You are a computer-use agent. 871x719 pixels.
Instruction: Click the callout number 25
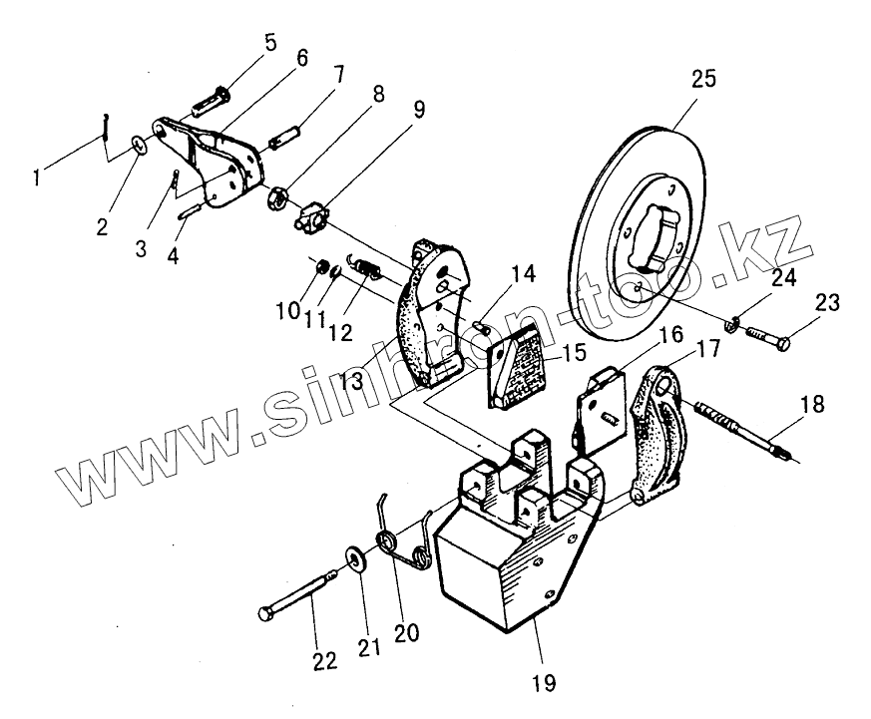(703, 81)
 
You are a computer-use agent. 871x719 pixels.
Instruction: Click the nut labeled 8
(278, 195)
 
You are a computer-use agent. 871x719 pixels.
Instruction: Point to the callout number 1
(38, 178)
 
